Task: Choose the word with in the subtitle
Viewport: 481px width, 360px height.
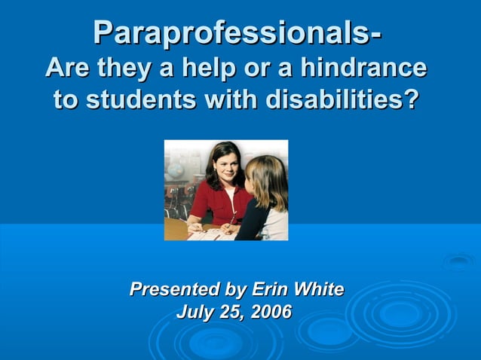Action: [231, 99]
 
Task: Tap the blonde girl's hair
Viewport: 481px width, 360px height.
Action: [268, 181]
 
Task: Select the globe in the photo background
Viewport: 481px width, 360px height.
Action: [175, 169]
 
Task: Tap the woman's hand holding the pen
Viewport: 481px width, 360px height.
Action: [195, 225]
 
